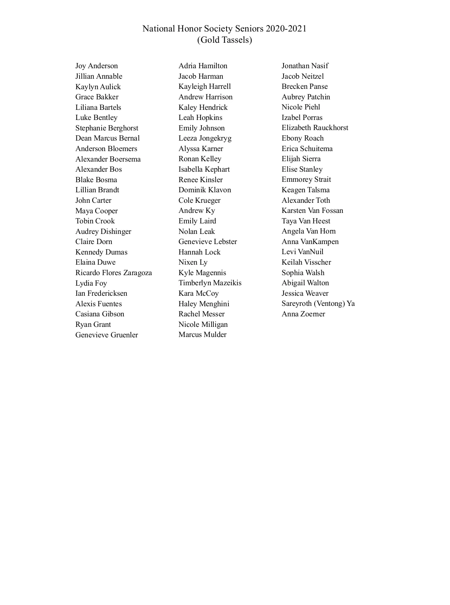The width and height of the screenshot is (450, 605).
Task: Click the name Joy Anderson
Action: pyautogui.click(x=96, y=66)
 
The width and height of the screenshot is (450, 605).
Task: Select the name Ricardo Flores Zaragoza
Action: pyautogui.click(x=114, y=273)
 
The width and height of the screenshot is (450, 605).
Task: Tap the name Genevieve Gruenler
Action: pyautogui.click(x=106, y=335)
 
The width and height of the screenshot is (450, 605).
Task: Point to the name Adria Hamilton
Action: pyautogui.click(x=203, y=66)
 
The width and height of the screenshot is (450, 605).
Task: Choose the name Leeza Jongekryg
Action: pyautogui.click(x=205, y=138)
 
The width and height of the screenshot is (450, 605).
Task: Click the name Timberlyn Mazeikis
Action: pyautogui.click(x=210, y=283)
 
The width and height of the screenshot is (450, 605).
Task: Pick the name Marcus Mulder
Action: pyautogui.click(x=202, y=335)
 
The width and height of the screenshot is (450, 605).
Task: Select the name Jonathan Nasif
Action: pyautogui.click(x=305, y=66)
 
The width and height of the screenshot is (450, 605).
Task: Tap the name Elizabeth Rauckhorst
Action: pyautogui.click(x=315, y=128)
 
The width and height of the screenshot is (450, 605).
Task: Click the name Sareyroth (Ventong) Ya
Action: pyautogui.click(x=318, y=304)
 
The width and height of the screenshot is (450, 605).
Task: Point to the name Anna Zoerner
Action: pyautogui.click(x=303, y=314)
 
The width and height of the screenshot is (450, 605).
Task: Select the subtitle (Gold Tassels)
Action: pyautogui.click(x=225, y=40)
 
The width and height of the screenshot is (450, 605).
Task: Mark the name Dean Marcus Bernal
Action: pyautogui.click(x=108, y=138)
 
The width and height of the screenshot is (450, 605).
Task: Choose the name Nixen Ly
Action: pyautogui.click(x=193, y=262)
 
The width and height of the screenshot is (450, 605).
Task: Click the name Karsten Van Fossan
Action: pyautogui.click(x=312, y=211)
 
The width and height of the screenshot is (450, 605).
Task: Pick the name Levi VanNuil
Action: pyautogui.click(x=303, y=252)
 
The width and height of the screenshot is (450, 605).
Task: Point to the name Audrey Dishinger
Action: pyautogui.click(x=103, y=232)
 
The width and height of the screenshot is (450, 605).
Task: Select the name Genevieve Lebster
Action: pyautogui.click(x=208, y=242)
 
